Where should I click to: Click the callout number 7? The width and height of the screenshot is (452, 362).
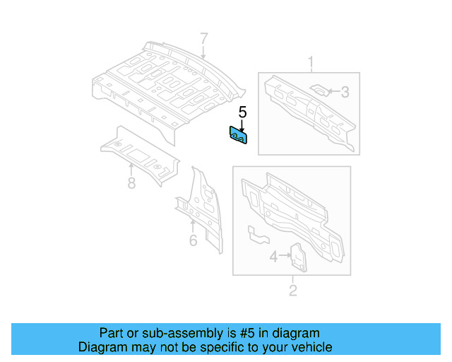click(203, 38)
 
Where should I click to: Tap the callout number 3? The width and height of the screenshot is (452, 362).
click(345, 91)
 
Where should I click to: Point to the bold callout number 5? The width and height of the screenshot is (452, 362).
click(242, 112)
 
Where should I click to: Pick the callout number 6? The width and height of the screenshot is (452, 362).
click(193, 240)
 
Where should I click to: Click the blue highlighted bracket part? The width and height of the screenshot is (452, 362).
click(237, 135)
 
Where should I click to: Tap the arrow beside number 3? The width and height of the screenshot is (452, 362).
click(333, 91)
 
